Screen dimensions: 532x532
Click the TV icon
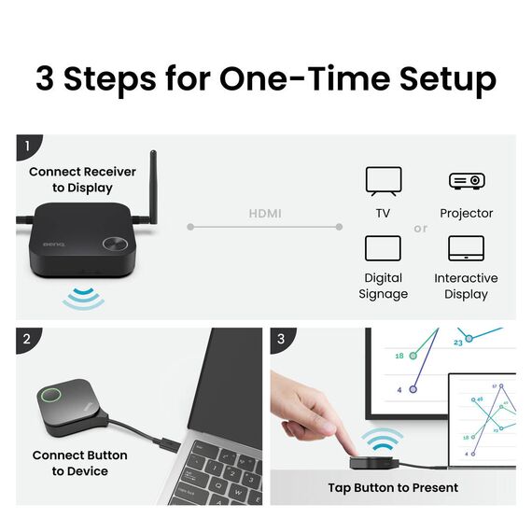(384, 181)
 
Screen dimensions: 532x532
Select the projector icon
(467, 181)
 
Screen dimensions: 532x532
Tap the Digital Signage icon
(383, 248)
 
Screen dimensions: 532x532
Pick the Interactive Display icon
(466, 248)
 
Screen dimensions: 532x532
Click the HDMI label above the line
(265, 214)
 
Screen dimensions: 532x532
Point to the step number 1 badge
(28, 147)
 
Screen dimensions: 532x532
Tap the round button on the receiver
(116, 244)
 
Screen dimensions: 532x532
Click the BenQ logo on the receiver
(54, 245)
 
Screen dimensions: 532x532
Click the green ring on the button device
(51, 395)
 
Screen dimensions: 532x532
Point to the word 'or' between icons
(421, 229)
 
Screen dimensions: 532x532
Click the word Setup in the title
(448, 79)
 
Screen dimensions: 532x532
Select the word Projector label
(466, 213)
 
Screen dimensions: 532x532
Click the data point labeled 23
(469, 338)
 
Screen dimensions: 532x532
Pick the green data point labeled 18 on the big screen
(413, 356)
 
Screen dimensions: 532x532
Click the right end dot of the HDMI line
(339, 227)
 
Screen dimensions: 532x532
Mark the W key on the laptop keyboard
(238, 491)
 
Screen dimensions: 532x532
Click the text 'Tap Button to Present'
(393, 487)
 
